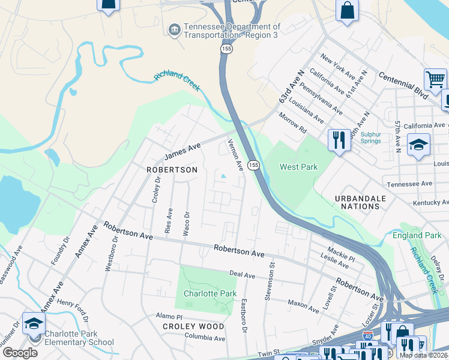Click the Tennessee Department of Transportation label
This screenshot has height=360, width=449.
(232, 31)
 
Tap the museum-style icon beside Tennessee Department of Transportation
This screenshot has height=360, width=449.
(174, 30)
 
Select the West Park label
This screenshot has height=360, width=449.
(299, 167)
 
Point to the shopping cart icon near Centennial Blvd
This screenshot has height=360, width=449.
(435, 79)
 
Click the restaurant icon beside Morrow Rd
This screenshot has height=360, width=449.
(339, 140)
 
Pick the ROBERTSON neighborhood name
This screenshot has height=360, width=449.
(172, 170)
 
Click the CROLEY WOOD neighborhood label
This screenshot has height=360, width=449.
(193, 327)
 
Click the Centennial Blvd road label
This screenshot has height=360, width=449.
(403, 85)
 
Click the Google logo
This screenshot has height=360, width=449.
(20, 353)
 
